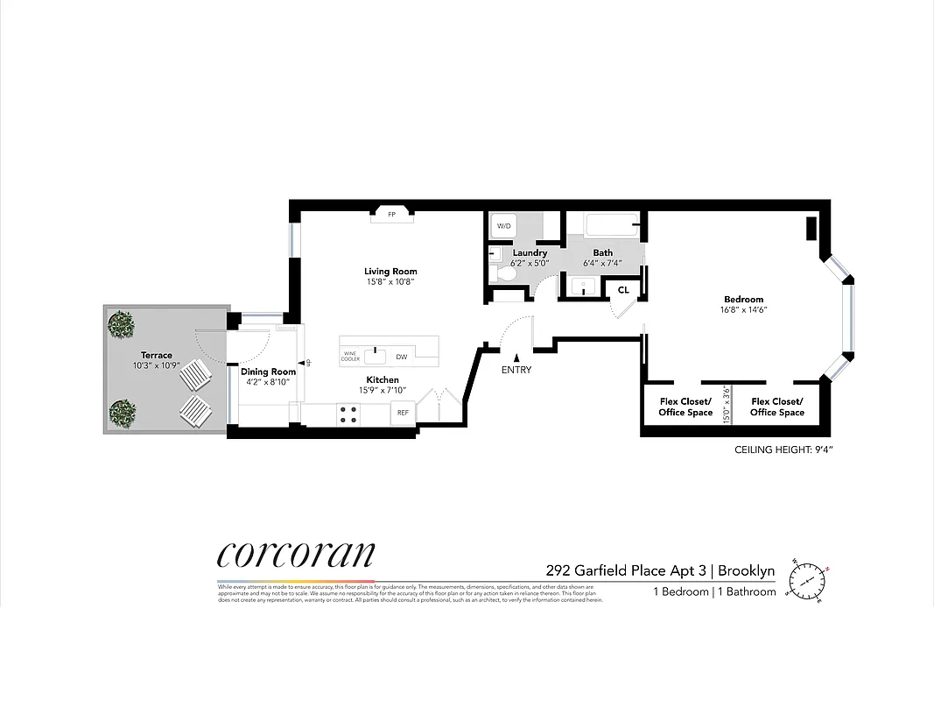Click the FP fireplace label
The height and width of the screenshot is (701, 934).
(x=391, y=215)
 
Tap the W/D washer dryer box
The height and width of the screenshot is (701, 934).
(x=503, y=226)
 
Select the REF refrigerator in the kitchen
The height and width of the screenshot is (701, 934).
(x=403, y=413)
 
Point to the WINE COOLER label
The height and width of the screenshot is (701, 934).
(x=350, y=356)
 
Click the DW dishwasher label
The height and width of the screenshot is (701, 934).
(x=402, y=357)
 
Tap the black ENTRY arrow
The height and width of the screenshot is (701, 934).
(x=517, y=357)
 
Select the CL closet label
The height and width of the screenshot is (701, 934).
(x=623, y=289)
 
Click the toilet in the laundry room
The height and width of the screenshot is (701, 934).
(x=505, y=274)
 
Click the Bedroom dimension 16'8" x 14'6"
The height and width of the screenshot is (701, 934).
(x=744, y=309)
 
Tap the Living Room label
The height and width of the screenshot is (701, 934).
(x=390, y=272)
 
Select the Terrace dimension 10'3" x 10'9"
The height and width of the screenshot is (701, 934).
(x=157, y=365)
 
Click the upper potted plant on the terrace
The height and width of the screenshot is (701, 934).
(x=123, y=325)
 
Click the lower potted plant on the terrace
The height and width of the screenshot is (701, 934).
(x=123, y=410)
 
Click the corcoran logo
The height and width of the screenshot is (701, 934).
(x=296, y=555)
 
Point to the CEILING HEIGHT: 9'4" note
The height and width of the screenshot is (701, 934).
(x=783, y=451)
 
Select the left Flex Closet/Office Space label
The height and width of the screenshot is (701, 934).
(x=686, y=407)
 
